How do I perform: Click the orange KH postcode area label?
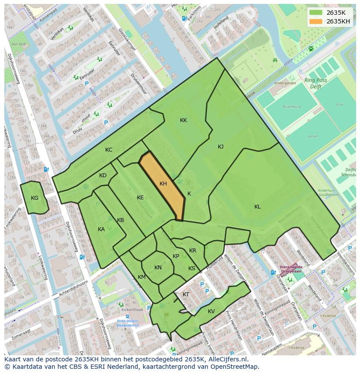[x=163, y=184]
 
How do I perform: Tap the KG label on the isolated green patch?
[x=35, y=198]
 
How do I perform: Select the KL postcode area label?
[x=257, y=207]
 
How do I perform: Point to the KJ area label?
[x=220, y=147]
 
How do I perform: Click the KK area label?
[x=183, y=120]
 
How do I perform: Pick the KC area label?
[x=109, y=150]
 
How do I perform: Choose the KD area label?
[x=103, y=175]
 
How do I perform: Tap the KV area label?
[x=211, y=311]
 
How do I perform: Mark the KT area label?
[x=186, y=295]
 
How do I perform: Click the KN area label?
[x=158, y=268]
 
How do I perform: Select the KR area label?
[x=193, y=251]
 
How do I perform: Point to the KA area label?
[x=101, y=229]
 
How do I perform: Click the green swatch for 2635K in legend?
[x=316, y=13]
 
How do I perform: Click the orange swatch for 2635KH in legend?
[x=316, y=21]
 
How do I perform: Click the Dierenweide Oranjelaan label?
[x=291, y=270]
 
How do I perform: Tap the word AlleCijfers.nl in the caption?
[x=226, y=359]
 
